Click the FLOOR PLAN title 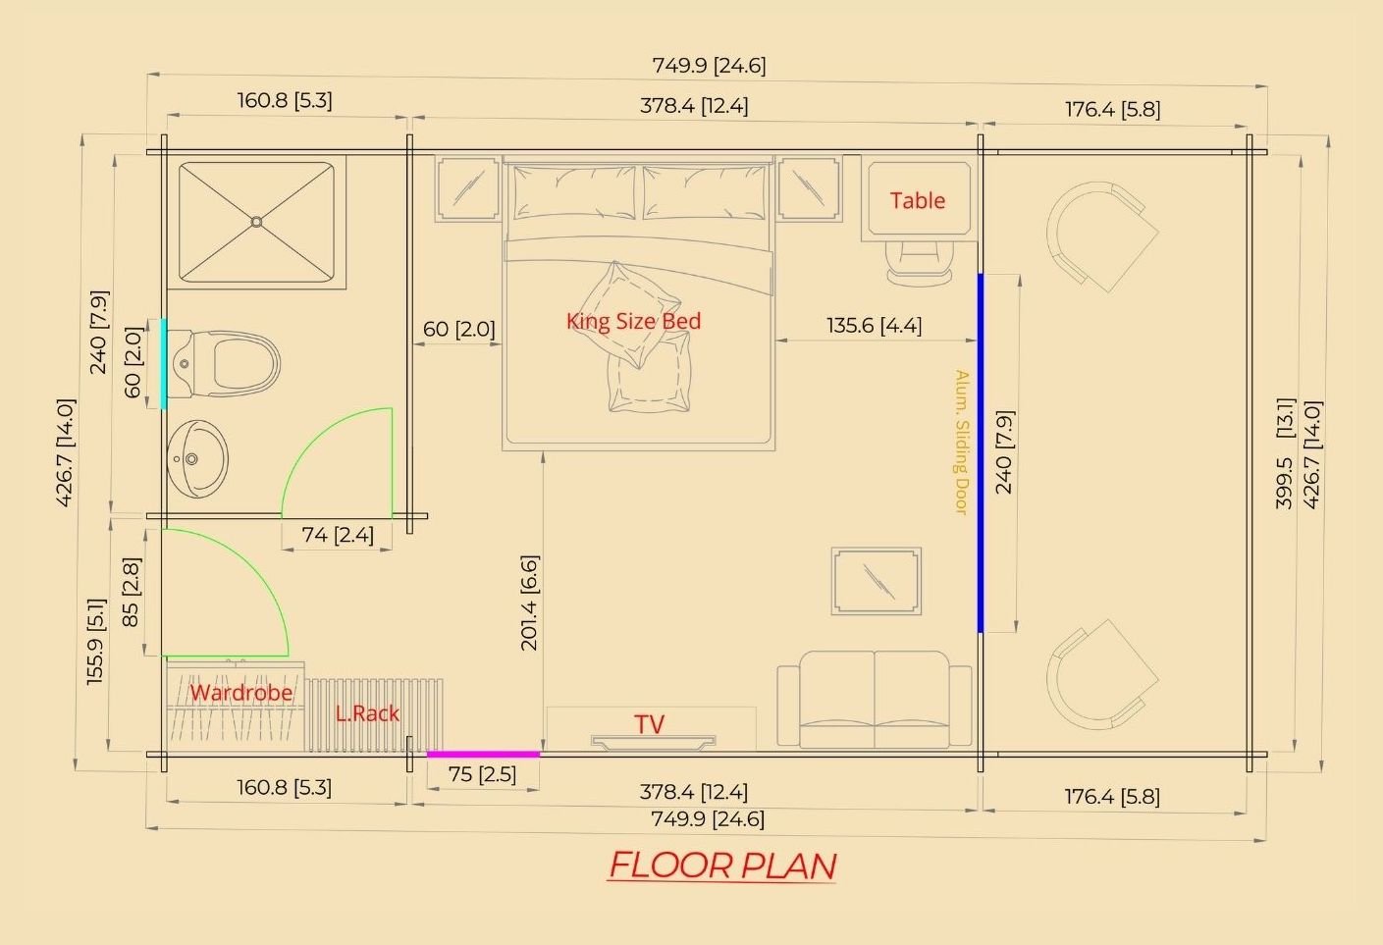[x=722, y=866]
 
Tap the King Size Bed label [x=633, y=321]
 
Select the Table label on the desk [x=918, y=200]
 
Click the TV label [x=650, y=724]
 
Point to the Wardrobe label [x=241, y=693]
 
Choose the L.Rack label [x=367, y=713]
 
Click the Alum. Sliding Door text [x=961, y=442]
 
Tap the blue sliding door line [x=981, y=453]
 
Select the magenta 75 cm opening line [x=484, y=755]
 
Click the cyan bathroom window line [x=164, y=363]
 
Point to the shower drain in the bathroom [x=257, y=222]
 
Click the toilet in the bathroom [x=224, y=363]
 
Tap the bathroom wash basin [x=197, y=458]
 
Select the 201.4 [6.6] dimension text [x=530, y=604]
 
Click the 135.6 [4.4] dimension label [x=875, y=325]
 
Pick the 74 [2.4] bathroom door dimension [x=338, y=535]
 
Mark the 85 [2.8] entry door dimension [x=132, y=593]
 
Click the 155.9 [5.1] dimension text [x=95, y=642]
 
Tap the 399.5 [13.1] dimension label [x=1285, y=453]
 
